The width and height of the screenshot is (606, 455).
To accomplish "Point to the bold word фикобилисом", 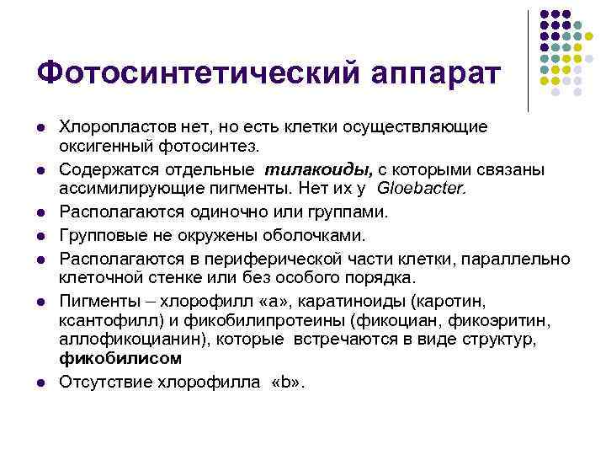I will pos(120,358).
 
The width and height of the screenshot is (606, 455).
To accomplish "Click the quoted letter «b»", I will pos(285,382).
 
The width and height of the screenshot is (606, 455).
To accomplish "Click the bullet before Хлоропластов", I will pos(40,127).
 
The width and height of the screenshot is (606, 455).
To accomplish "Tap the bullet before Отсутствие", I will pos(40,383).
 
